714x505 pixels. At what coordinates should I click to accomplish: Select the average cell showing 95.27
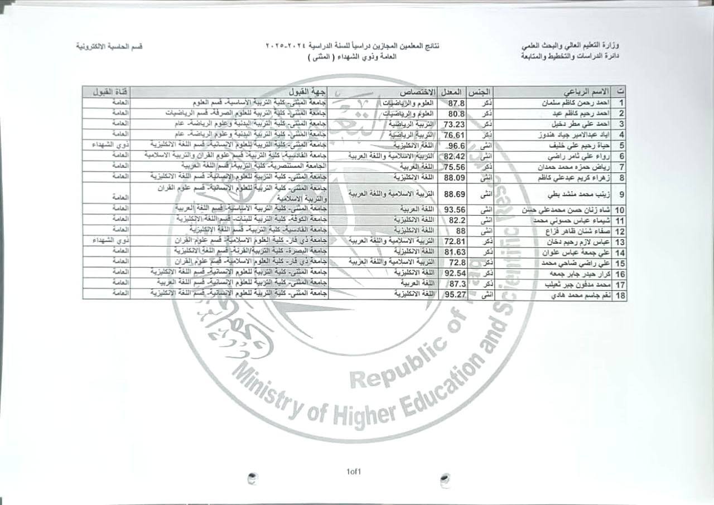(x=454, y=295)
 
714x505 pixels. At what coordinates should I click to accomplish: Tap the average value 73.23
(x=454, y=124)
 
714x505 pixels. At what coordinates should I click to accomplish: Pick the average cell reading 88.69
(x=454, y=194)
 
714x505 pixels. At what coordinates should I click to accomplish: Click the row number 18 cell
(x=619, y=295)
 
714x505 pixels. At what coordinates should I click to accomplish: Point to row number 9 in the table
(x=619, y=194)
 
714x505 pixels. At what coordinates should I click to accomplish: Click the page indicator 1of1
(x=354, y=472)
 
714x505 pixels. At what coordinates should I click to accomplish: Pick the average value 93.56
(x=454, y=210)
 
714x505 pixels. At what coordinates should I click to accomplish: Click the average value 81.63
(x=454, y=250)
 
